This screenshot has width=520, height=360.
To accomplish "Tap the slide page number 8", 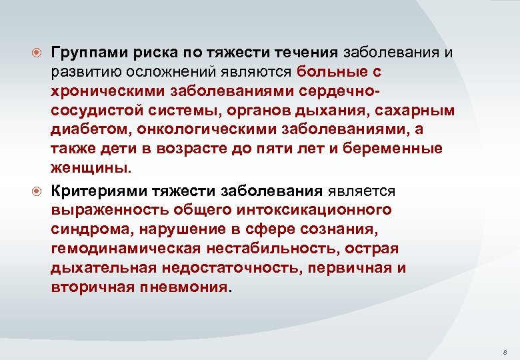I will point(505,351).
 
